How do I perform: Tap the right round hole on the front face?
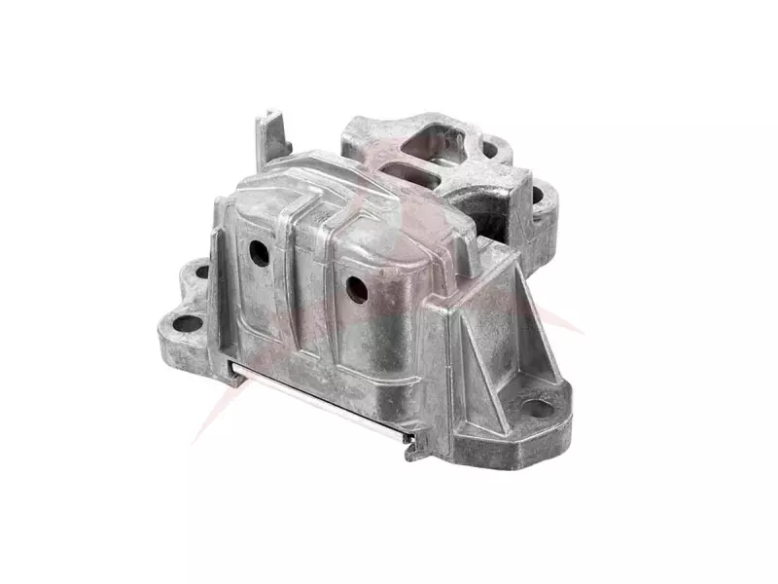coord(357,288)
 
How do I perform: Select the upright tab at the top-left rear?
coord(271,135)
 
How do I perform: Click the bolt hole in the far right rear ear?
coord(537,195)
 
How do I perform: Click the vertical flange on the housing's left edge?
coord(221,263)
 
